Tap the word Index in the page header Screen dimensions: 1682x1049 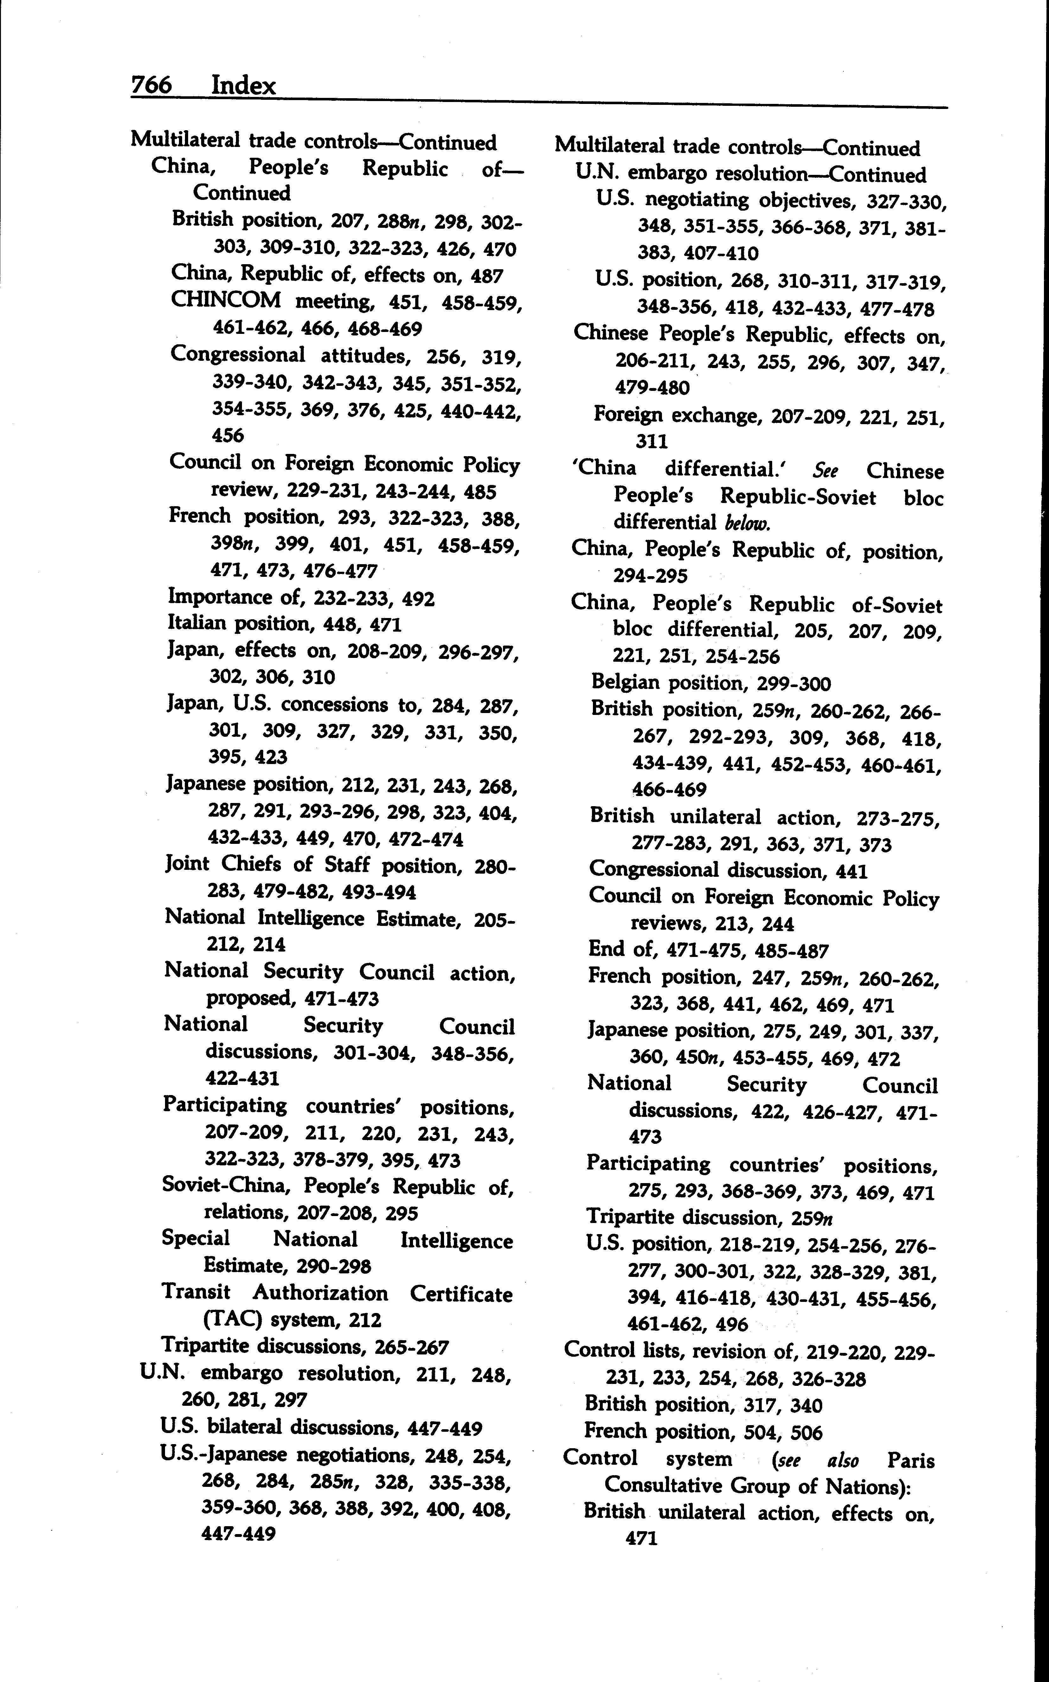tap(244, 86)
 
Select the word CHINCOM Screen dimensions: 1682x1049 tap(226, 301)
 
